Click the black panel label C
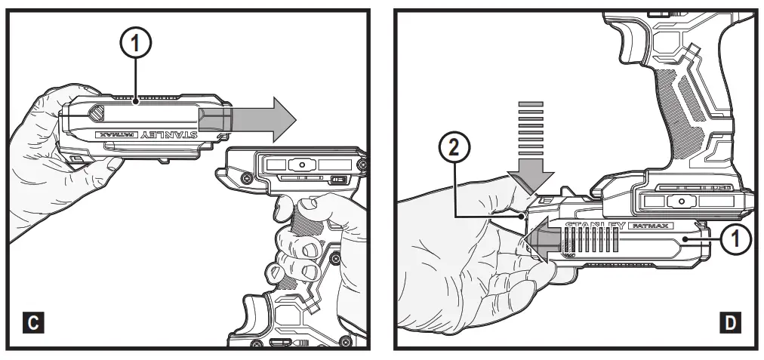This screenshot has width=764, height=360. [x=32, y=324]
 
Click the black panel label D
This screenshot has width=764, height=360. [x=729, y=324]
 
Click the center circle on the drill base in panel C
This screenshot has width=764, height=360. [x=301, y=164]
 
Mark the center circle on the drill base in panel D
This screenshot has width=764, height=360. [x=682, y=202]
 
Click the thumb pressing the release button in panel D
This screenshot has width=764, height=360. [x=521, y=189]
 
